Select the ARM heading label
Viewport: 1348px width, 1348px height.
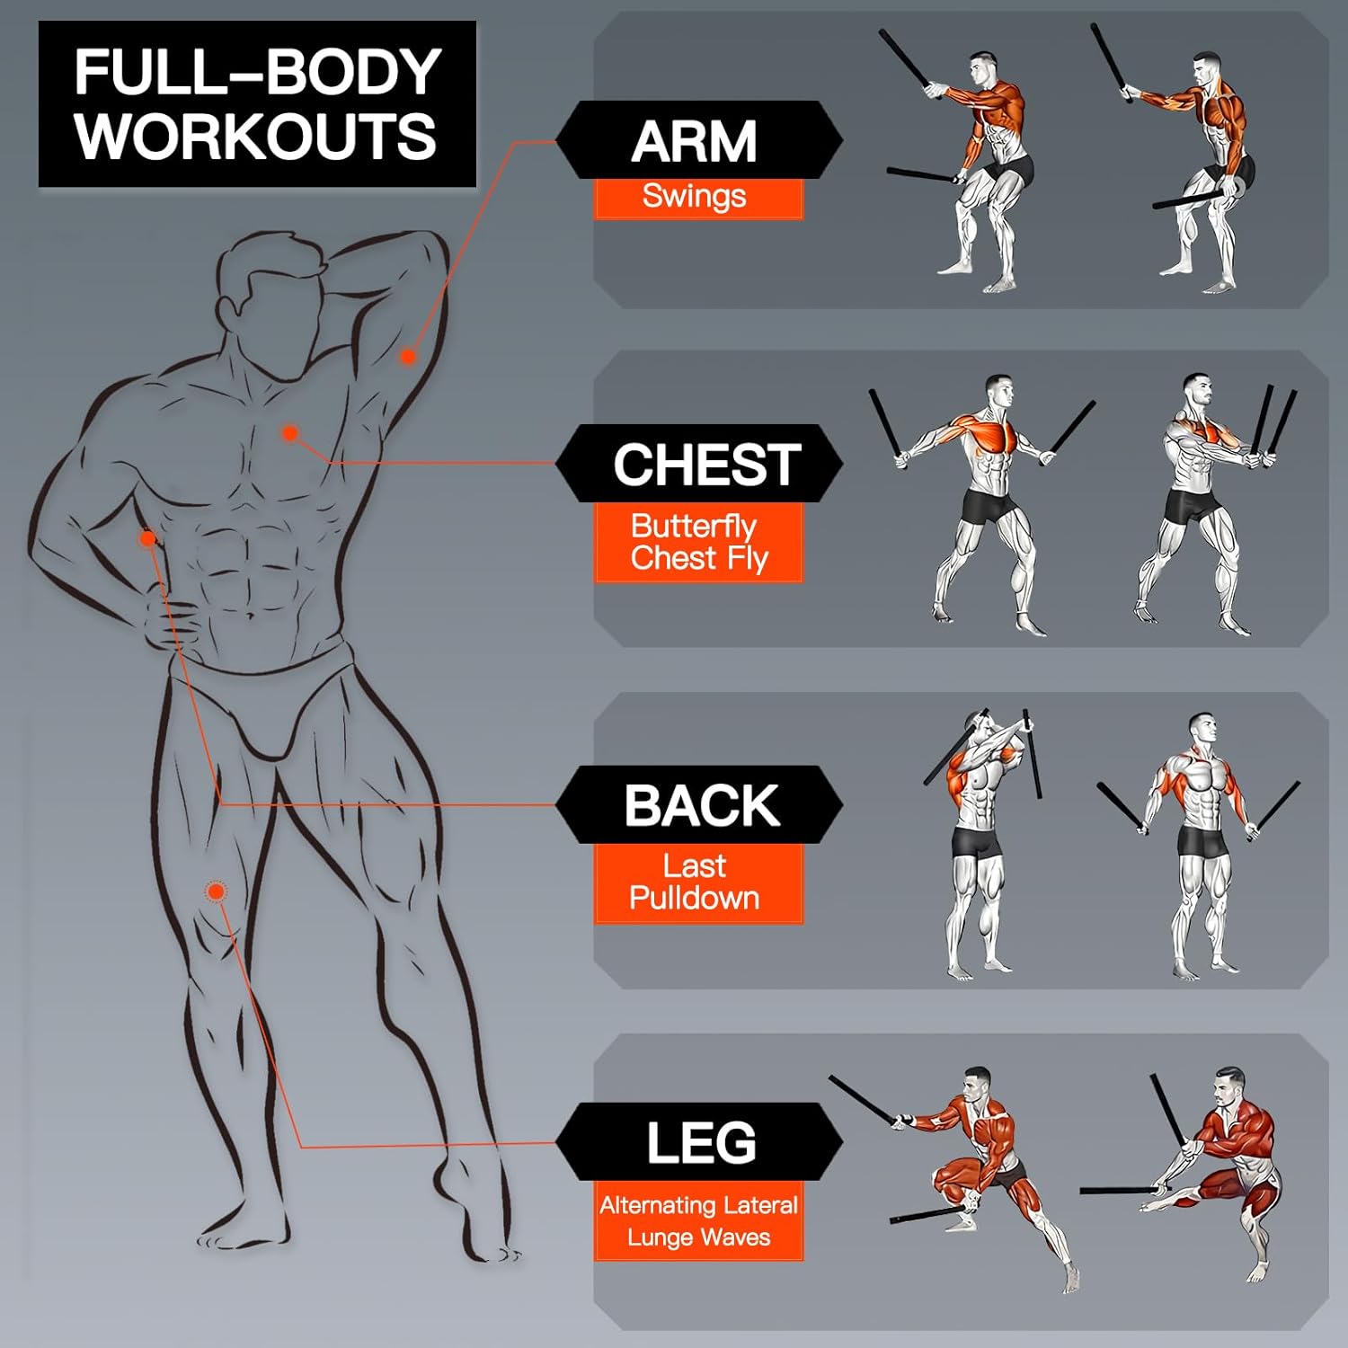(695, 141)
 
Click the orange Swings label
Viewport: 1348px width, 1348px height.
(695, 196)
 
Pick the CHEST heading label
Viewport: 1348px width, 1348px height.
(707, 465)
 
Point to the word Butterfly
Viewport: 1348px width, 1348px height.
(694, 525)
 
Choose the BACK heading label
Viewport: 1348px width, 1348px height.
(702, 805)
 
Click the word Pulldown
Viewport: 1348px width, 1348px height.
(695, 898)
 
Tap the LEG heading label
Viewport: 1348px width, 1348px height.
(702, 1142)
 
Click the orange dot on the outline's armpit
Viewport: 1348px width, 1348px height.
(408, 356)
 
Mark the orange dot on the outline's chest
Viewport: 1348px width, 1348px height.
(289, 433)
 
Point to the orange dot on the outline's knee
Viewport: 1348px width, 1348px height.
(216, 891)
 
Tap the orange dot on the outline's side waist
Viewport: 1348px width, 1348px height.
(147, 539)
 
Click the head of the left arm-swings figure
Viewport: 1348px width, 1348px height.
(983, 69)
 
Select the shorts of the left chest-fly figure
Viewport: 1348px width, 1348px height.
(989, 506)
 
